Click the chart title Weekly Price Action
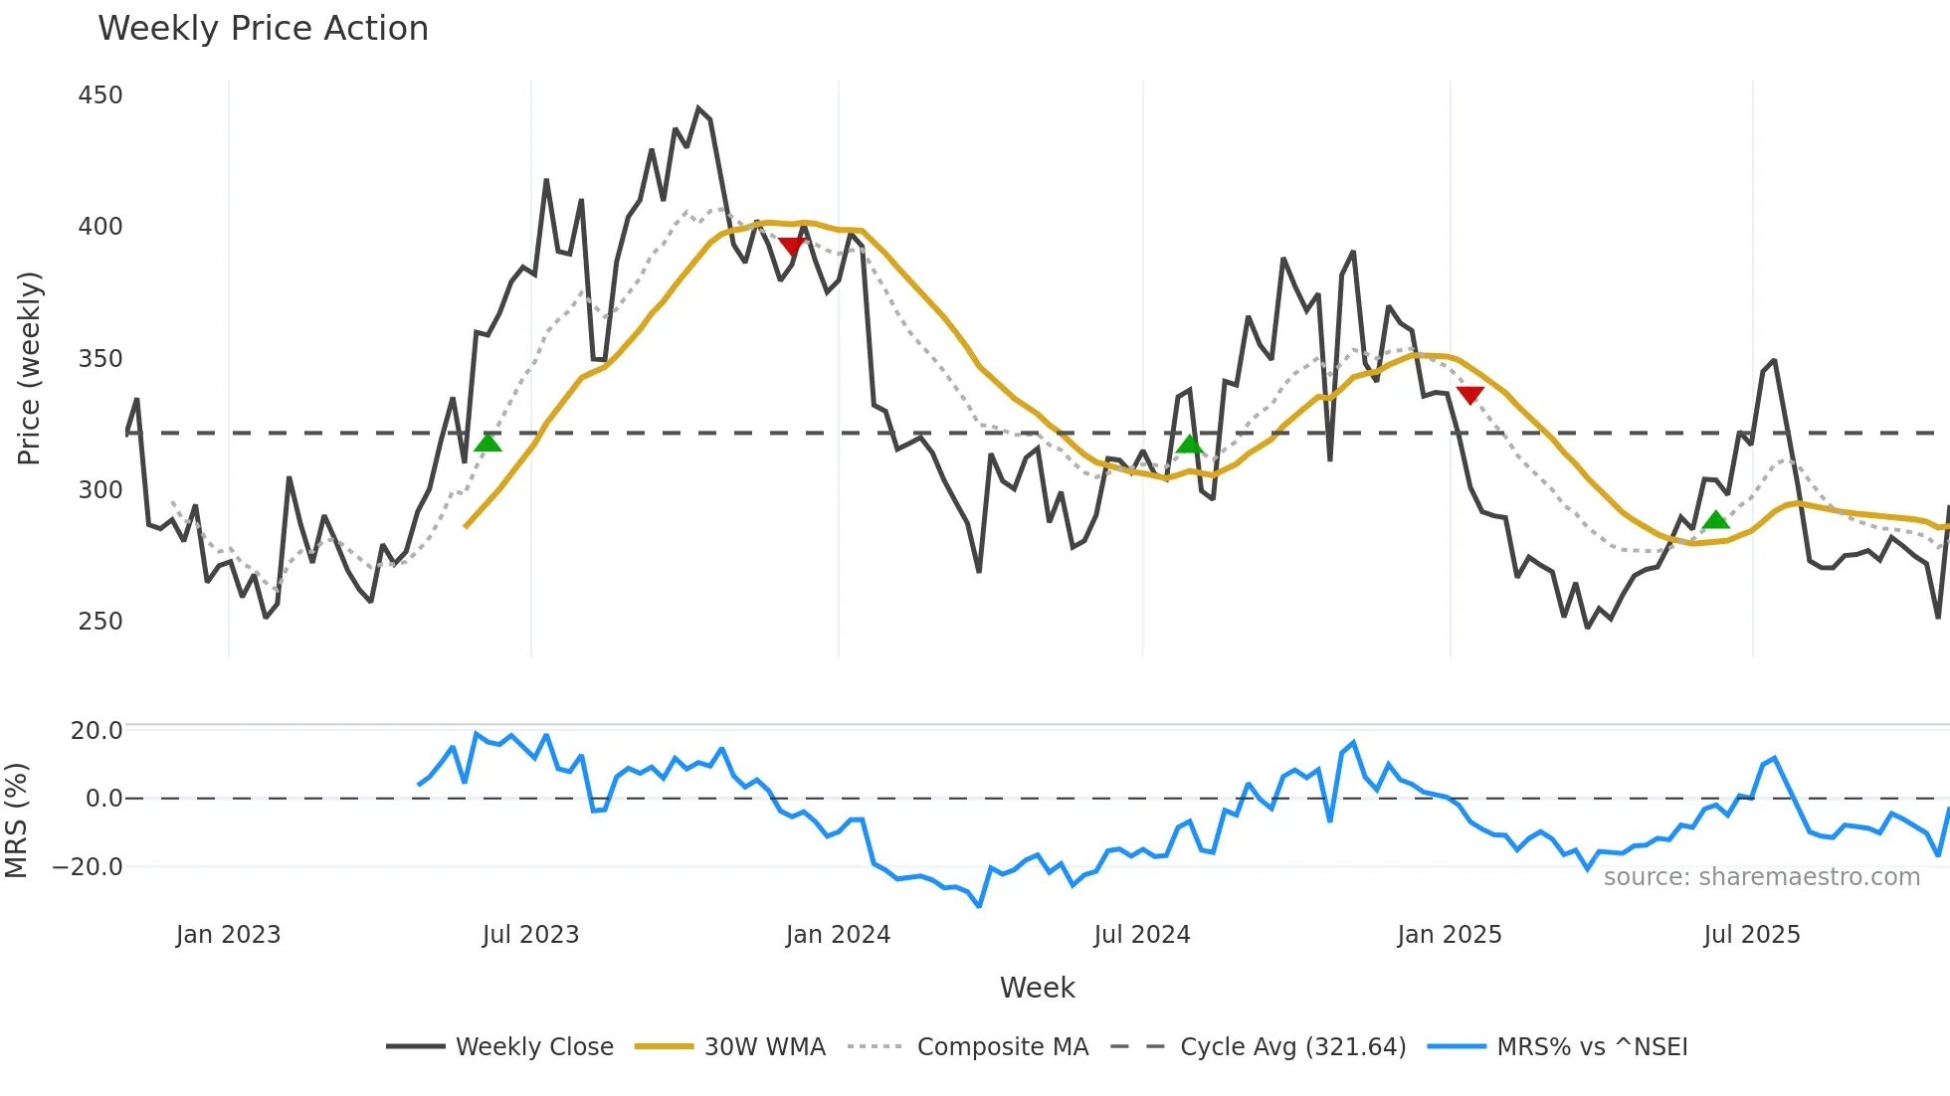(x=263, y=29)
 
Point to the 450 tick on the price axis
(x=100, y=95)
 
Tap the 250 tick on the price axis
(x=100, y=622)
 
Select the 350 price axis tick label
(x=100, y=359)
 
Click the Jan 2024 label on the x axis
(x=838, y=935)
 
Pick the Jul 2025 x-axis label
(x=1752, y=935)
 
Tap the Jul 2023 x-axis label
(x=530, y=935)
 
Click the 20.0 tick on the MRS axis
(x=97, y=731)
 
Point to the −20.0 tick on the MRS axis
(x=88, y=867)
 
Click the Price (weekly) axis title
(x=29, y=368)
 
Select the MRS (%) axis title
(x=16, y=821)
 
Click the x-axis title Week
(x=1037, y=988)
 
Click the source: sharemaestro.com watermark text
(x=1761, y=877)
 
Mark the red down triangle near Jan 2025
(x=1469, y=395)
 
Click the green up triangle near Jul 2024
(x=1189, y=444)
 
